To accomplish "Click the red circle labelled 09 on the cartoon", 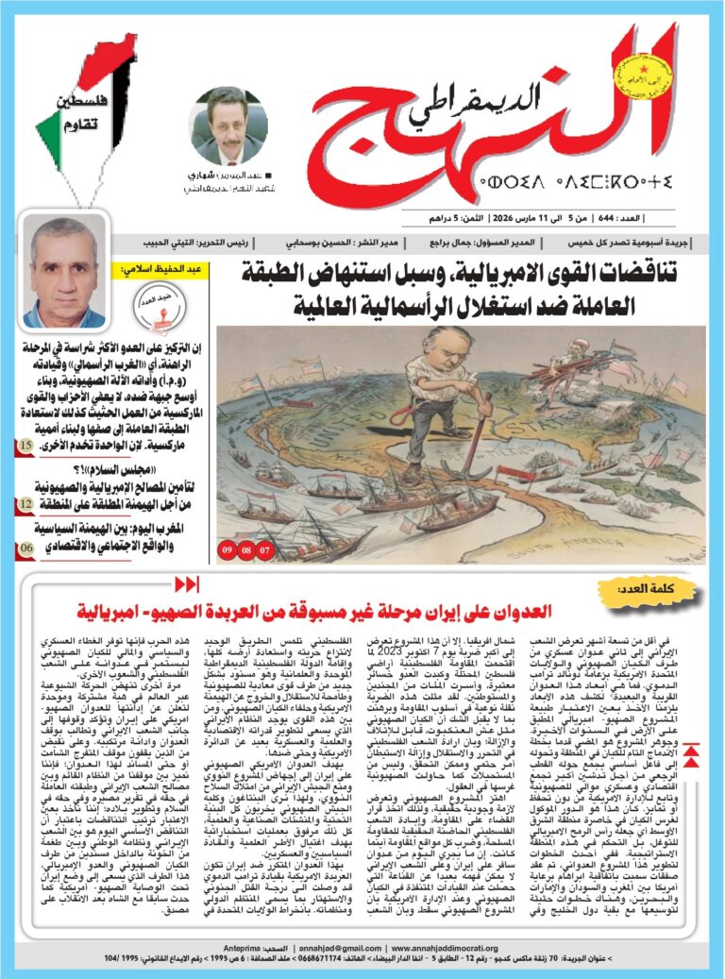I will pos(228,548).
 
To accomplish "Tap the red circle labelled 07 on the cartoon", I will pos(264,548).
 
